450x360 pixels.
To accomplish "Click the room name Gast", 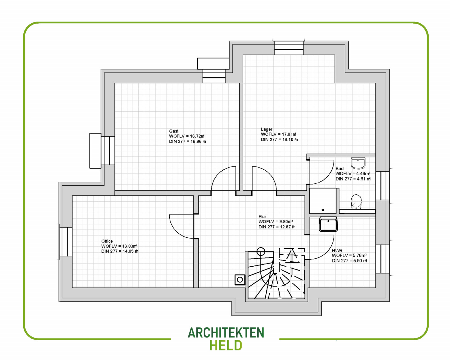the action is [x=174, y=131].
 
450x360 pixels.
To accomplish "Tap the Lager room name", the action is [x=266, y=129].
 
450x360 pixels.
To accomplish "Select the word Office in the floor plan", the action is [x=107, y=241].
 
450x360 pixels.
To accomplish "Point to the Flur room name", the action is [x=262, y=217].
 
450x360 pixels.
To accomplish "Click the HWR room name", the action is [x=337, y=250].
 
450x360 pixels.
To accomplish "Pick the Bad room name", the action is [x=339, y=168].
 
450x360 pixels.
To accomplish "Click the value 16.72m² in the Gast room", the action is [x=197, y=136].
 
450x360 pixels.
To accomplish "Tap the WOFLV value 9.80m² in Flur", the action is [x=286, y=222].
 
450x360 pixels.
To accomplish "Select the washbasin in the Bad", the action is [x=358, y=163].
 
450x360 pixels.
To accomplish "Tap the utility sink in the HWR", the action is [x=328, y=224].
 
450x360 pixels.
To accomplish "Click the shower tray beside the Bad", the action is [x=323, y=201].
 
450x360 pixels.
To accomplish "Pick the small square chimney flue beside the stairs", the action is [x=240, y=280].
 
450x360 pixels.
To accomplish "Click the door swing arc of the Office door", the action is [x=176, y=231].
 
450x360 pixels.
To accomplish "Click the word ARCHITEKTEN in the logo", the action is [x=226, y=333].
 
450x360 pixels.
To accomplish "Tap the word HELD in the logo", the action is [x=226, y=345].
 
